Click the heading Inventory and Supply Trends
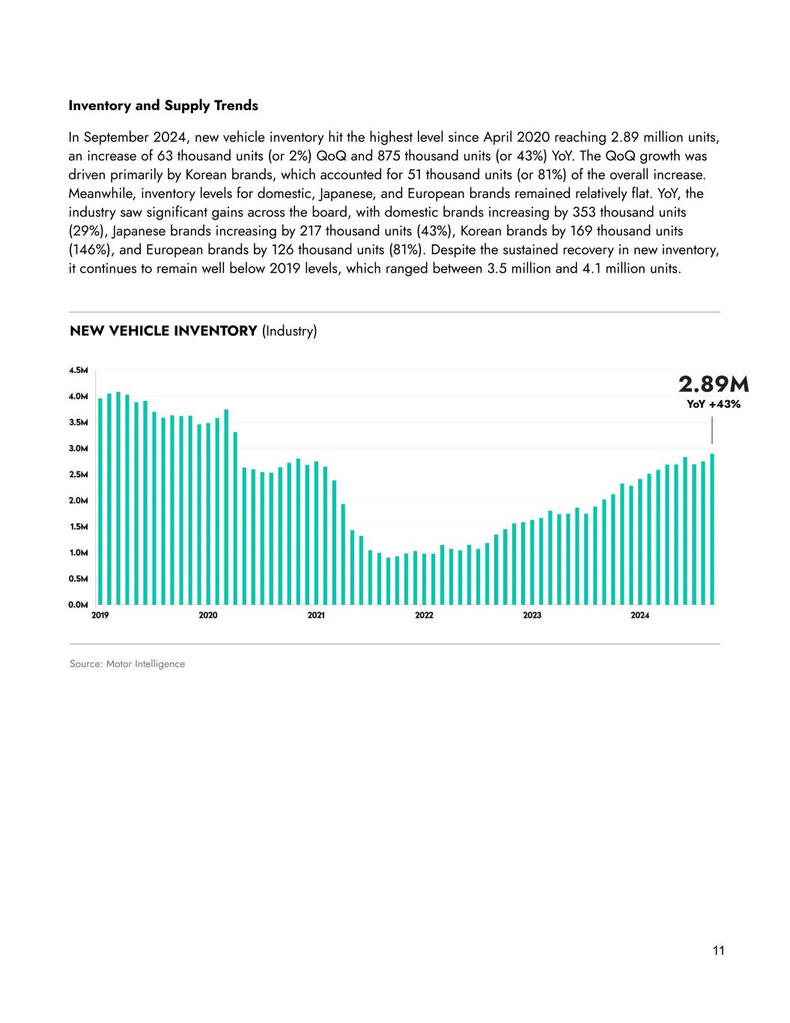(x=163, y=106)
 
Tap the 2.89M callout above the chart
(x=713, y=384)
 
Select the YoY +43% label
(x=713, y=405)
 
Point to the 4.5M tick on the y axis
(x=79, y=370)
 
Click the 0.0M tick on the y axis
(x=79, y=604)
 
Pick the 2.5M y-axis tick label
(x=79, y=474)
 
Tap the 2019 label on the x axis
(x=100, y=615)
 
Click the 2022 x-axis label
(x=424, y=615)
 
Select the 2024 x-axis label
(x=639, y=615)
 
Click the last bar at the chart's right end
(x=712, y=529)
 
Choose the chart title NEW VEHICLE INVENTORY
(x=163, y=331)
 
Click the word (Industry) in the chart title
(x=289, y=331)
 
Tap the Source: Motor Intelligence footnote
(x=127, y=664)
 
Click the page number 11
(x=719, y=951)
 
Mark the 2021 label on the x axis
(x=316, y=615)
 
